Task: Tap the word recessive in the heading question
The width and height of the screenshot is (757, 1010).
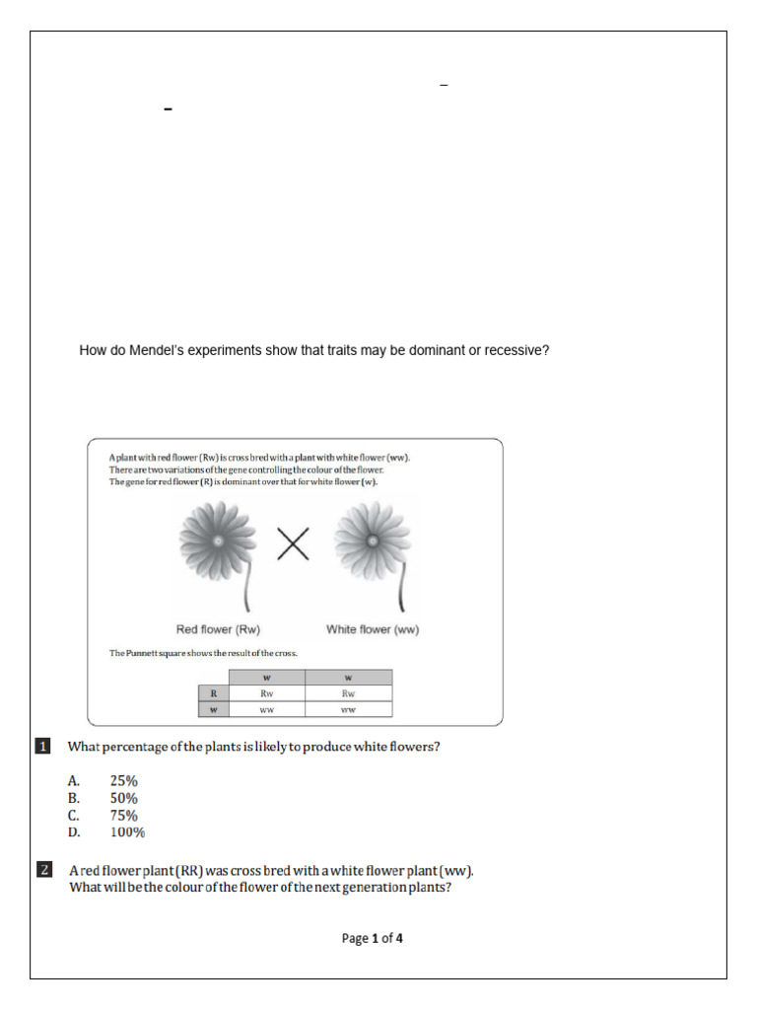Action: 512,350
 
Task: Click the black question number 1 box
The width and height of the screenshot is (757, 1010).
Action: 43,747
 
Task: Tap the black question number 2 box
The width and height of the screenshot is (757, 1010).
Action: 43,870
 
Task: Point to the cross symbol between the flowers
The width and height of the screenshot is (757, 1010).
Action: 293,543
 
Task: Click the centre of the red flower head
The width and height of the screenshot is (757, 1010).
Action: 216,539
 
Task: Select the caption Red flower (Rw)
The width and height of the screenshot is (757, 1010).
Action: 218,629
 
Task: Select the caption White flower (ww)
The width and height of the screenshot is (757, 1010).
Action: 373,629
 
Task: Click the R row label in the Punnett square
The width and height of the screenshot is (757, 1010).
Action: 213,693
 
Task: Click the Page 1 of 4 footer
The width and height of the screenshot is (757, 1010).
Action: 372,938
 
